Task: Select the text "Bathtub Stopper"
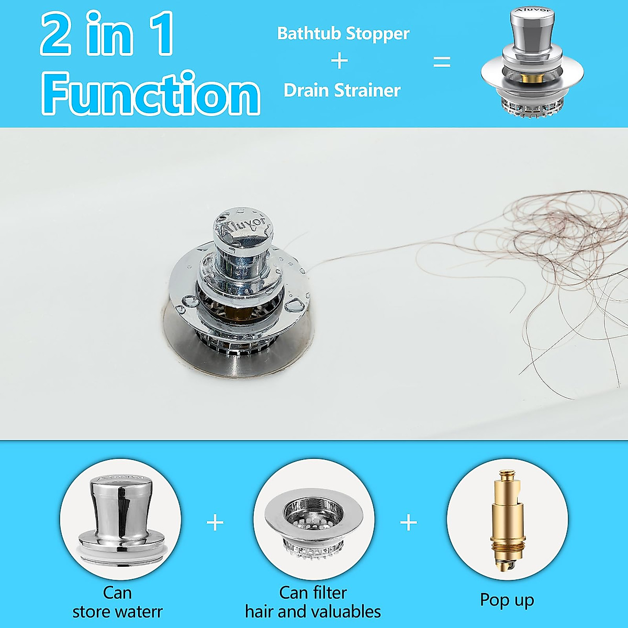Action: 343,33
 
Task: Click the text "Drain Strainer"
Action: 342,91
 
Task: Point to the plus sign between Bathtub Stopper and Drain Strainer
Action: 340,61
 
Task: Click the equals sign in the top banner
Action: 442,62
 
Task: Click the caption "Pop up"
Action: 507,600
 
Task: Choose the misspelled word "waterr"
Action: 139,612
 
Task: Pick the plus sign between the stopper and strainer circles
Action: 215,522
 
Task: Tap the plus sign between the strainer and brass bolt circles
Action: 408,522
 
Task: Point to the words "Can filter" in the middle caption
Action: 313,592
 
